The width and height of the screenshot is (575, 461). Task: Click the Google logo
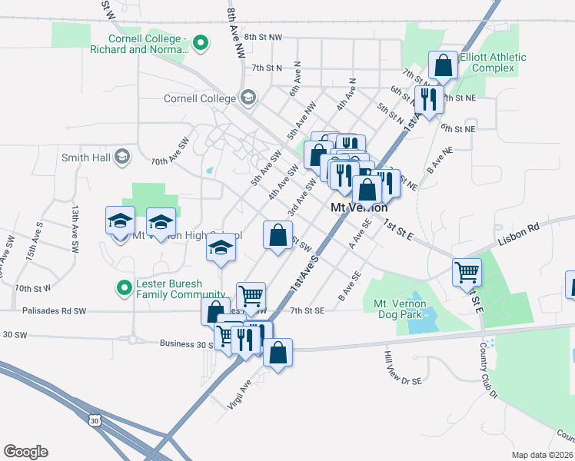point(25,452)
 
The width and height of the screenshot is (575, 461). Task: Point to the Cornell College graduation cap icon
point(248,98)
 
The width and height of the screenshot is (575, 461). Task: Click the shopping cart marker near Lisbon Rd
point(467,271)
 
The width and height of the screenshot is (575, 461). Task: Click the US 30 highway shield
point(94,420)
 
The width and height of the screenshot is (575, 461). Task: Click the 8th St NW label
point(263,37)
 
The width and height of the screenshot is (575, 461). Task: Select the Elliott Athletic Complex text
point(493,62)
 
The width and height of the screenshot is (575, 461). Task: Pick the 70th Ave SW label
point(170,162)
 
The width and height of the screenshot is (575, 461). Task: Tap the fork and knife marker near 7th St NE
point(427,99)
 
